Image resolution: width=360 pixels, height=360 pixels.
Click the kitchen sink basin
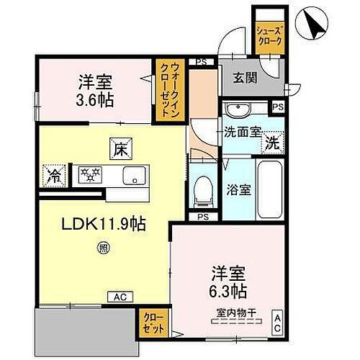(x=135, y=175)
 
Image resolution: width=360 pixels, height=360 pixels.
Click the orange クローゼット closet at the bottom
(x=152, y=321)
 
